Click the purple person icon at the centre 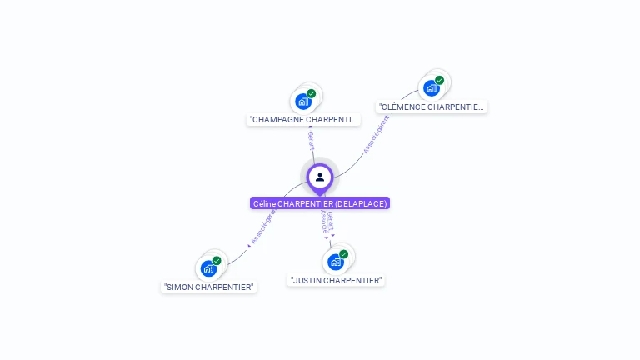pos(320,177)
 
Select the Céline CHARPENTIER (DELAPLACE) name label pos(320,203)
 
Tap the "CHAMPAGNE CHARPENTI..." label pos(304,120)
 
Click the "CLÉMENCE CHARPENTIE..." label pos(432,107)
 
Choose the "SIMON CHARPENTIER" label pos(209,287)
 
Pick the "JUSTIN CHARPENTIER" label pos(336,281)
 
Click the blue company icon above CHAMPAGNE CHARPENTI pos(303,102)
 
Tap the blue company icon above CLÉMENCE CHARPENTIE pos(431,88)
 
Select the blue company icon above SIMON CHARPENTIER pos(208,268)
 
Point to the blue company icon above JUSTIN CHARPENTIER pos(335,262)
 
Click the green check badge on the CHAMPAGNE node pos(312,93)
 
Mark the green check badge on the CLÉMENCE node pos(439,81)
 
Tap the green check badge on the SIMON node pos(217,261)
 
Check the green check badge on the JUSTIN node pos(343,254)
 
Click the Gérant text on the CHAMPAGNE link pos(311,140)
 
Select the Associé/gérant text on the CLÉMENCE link pos(377,135)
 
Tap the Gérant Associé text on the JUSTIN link pos(327,222)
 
